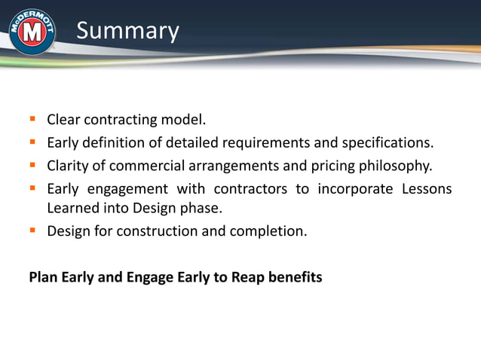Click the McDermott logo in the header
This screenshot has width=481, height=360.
pyautogui.click(x=32, y=32)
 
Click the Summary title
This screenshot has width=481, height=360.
pyautogui.click(x=127, y=31)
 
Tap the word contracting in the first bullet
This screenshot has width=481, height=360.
pyautogui.click(x=119, y=120)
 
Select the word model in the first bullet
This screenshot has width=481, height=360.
pyautogui.click(x=185, y=120)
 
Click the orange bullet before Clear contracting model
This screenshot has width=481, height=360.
pyautogui.click(x=33, y=119)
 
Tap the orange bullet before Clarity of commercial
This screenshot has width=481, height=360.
pyautogui.click(x=33, y=164)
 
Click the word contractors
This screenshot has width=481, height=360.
pyautogui.click(x=252, y=188)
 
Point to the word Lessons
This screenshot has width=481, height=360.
pyautogui.click(x=426, y=188)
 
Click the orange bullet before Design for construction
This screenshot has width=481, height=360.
pyautogui.click(x=33, y=230)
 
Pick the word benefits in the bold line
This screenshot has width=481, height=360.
pyautogui.click(x=293, y=277)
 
